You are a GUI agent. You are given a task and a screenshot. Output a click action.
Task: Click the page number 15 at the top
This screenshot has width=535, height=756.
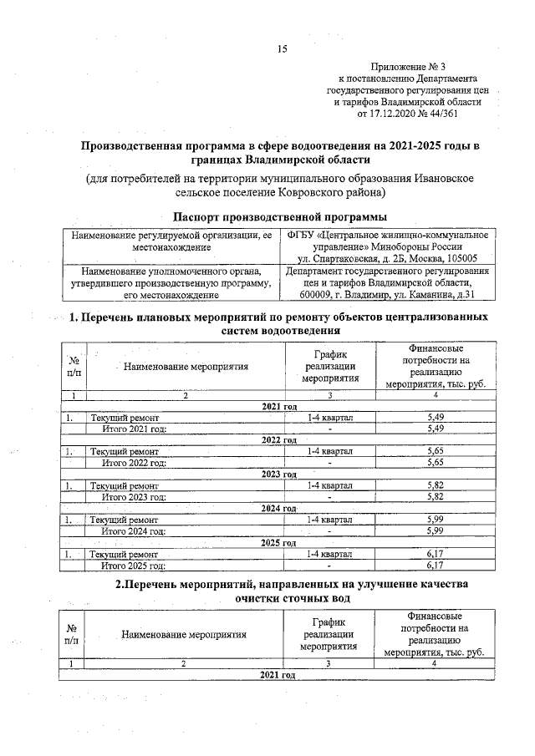tap(282, 49)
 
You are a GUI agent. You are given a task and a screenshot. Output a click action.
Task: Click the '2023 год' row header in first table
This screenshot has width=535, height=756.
tap(279, 474)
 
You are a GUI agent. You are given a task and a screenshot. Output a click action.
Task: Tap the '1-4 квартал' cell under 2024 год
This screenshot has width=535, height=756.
tap(330, 520)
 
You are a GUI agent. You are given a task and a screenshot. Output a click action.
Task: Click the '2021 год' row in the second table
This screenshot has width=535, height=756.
tap(279, 674)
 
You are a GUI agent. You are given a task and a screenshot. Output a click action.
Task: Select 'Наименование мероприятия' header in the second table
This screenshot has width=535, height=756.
tap(184, 634)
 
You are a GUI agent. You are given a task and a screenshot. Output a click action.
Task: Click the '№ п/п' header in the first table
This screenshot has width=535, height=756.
tap(72, 365)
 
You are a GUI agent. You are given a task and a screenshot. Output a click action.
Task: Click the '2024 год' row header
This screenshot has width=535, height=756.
tap(279, 508)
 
